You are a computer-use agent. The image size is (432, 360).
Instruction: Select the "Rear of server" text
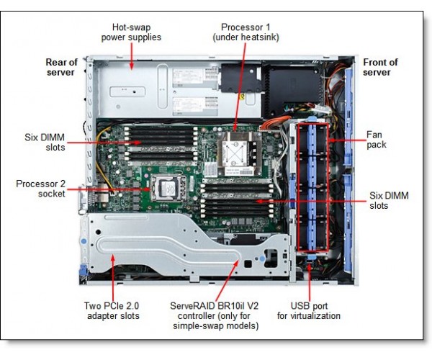tap(61, 67)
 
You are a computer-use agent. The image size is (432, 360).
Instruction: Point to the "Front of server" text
tap(380, 67)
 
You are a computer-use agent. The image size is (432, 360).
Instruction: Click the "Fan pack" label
tap(377, 139)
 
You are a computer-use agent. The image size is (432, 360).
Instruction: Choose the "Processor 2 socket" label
tap(40, 189)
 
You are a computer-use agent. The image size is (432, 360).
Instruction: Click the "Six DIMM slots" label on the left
tap(45, 142)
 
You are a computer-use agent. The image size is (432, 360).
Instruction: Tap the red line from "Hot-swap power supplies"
tap(131, 54)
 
